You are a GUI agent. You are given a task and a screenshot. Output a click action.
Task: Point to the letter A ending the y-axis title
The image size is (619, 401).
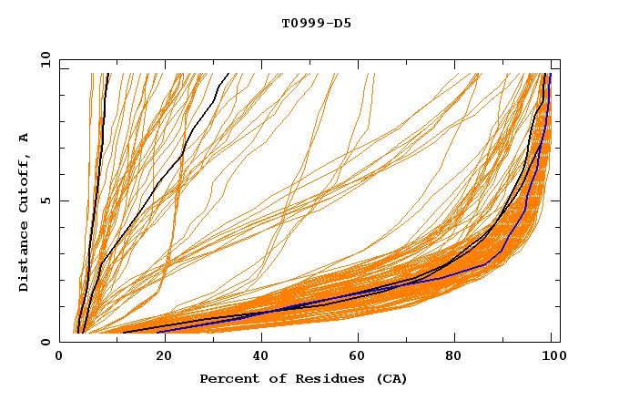(25, 137)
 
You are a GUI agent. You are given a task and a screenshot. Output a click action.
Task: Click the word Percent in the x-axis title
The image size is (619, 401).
(228, 379)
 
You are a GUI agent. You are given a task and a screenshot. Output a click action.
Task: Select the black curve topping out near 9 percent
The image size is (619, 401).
(97, 182)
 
